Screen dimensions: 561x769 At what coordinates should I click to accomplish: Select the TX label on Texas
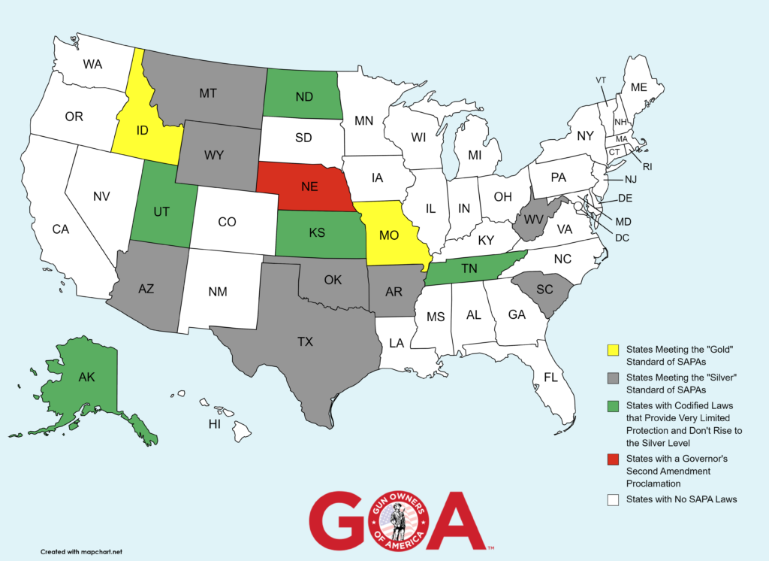tap(305, 342)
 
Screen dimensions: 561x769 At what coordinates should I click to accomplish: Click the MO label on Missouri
tap(388, 235)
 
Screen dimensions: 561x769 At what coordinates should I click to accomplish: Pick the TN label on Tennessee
tap(470, 268)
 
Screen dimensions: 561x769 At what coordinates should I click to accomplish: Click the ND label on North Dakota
tap(303, 98)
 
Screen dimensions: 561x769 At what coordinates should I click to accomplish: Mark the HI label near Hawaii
tap(214, 425)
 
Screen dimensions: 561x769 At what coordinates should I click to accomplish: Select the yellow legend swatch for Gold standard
tap(612, 350)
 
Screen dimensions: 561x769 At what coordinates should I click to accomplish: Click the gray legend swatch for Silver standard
tap(612, 378)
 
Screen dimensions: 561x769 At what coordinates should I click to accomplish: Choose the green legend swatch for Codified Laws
tap(612, 405)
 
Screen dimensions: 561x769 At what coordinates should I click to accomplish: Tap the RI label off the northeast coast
tap(647, 166)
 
